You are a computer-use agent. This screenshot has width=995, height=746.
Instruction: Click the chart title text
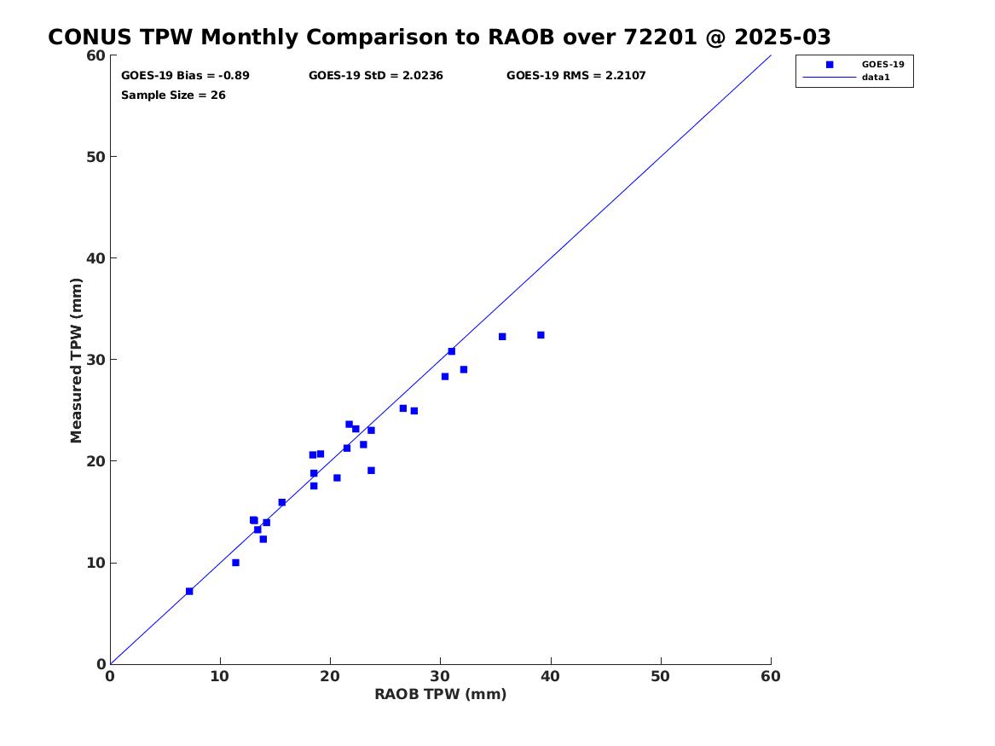[x=439, y=38]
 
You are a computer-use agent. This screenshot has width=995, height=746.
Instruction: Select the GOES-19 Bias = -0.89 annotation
[x=185, y=76]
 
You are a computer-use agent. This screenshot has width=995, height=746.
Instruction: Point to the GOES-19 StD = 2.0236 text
[x=375, y=76]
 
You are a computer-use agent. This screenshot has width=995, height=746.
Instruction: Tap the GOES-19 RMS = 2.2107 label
[x=576, y=76]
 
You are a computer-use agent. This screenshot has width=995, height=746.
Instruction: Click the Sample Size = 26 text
[x=173, y=95]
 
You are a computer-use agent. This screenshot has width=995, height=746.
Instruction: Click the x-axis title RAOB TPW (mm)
[x=440, y=694]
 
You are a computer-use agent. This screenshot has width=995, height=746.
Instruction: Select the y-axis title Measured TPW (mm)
[x=77, y=359]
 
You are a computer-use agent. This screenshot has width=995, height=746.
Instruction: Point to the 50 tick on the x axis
[x=661, y=676]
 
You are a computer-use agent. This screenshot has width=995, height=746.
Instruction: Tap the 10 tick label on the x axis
[x=220, y=676]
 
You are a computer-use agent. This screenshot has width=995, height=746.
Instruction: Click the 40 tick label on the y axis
[x=95, y=258]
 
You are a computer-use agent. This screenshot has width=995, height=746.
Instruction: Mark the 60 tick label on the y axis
[x=95, y=55]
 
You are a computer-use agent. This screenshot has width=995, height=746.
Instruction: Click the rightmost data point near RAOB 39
[x=541, y=335]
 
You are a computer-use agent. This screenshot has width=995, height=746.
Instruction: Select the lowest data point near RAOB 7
[x=189, y=591]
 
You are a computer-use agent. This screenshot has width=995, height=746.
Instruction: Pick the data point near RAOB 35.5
[x=502, y=337]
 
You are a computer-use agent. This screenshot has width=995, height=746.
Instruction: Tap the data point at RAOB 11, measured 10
[x=235, y=563]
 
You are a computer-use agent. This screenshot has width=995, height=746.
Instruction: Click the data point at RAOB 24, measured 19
[x=371, y=471]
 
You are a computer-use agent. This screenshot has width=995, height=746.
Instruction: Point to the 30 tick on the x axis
[x=440, y=676]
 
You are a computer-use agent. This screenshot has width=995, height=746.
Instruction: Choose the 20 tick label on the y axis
[x=95, y=461]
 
